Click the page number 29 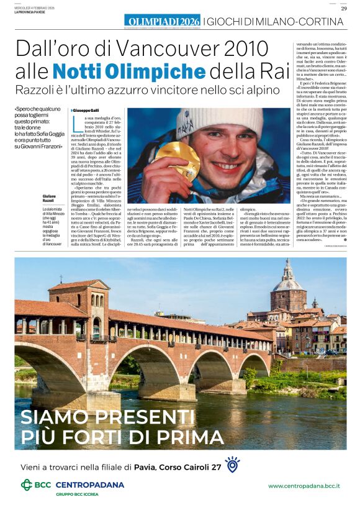[x=343, y=8]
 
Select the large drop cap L [x=77, y=122]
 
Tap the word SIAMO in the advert [x=52, y=416]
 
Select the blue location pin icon [x=232, y=465]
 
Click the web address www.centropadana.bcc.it [x=304, y=486]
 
